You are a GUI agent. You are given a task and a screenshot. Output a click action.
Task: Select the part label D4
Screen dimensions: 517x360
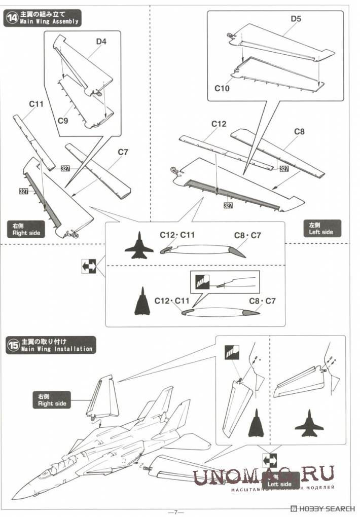[x=101, y=42]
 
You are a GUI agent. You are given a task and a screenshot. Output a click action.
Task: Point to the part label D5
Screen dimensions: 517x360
[x=296, y=19]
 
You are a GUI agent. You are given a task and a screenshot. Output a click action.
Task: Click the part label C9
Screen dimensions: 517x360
[x=63, y=121]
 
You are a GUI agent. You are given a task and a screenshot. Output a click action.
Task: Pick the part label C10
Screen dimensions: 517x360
[x=222, y=88]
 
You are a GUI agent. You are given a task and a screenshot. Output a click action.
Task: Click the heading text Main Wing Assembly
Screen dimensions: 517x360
[x=49, y=21]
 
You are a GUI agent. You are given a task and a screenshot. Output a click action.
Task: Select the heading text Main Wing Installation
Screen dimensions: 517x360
[x=56, y=349]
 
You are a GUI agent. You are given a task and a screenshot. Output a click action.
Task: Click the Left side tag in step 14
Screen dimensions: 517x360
[x=321, y=229]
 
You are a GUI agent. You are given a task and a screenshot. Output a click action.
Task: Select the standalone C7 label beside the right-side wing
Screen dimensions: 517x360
[x=124, y=152]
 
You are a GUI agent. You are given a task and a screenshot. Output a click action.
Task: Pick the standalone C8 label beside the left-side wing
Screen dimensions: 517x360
[x=299, y=132]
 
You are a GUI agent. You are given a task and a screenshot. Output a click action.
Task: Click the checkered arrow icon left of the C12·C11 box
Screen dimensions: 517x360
[x=88, y=266]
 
